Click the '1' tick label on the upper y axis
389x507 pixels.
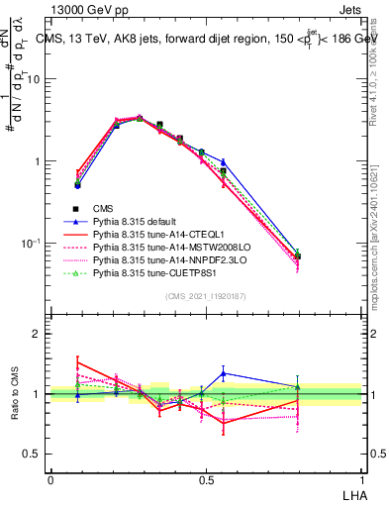[39, 161]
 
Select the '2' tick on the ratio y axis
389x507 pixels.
[39, 334]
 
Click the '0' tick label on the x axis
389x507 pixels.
[50, 480]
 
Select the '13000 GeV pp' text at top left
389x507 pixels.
[83, 8]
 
